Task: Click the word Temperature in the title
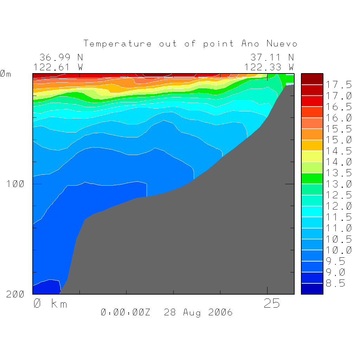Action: [118, 44]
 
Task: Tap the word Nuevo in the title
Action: [282, 44]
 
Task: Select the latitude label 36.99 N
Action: [61, 57]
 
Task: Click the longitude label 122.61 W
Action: [58, 67]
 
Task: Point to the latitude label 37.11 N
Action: [272, 57]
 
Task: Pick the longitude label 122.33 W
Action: [269, 67]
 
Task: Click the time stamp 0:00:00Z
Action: [126, 312]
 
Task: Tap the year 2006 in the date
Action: [220, 312]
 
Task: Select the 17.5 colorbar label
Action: [339, 85]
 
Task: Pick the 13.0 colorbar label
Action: [339, 184]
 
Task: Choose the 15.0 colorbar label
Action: [339, 140]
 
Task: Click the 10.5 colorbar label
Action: [339, 239]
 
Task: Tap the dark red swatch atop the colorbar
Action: [312, 79]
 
